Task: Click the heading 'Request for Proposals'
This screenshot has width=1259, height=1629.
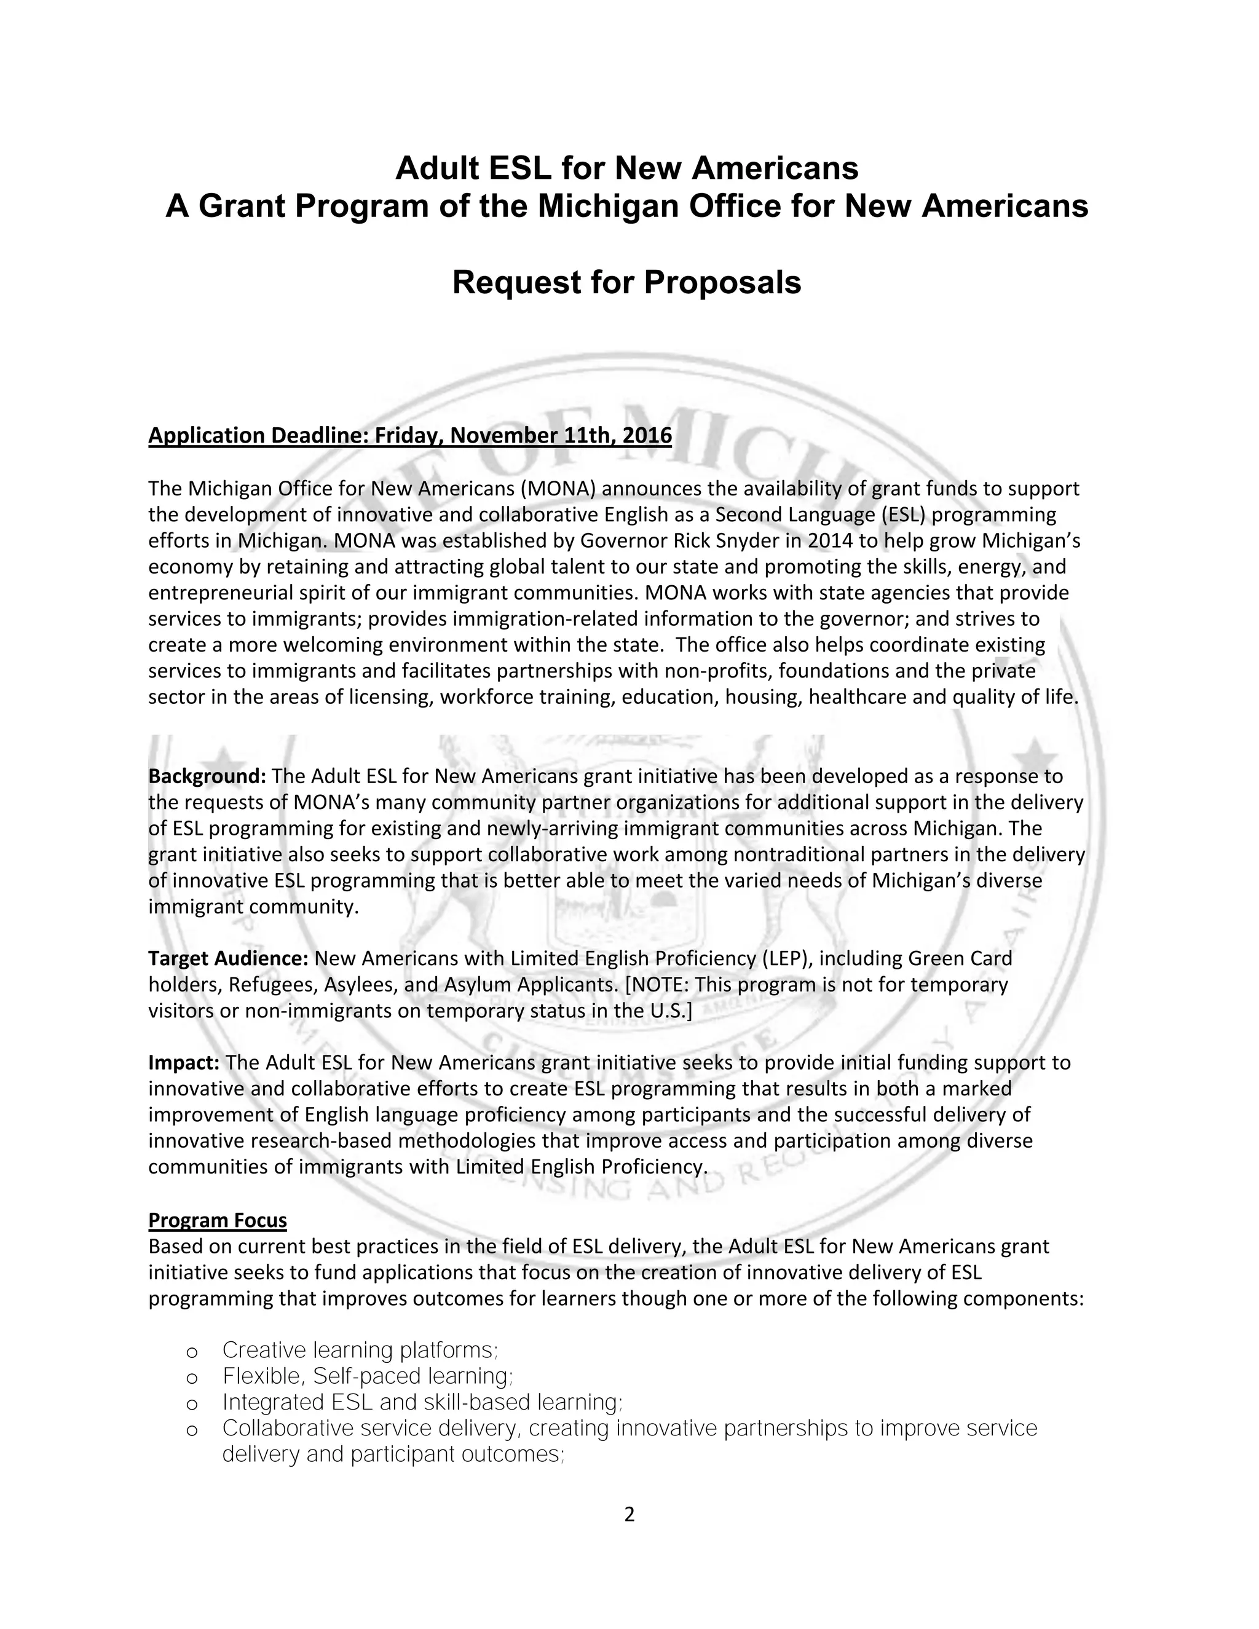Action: coord(626,283)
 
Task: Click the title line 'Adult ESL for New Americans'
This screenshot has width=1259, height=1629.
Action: coord(626,168)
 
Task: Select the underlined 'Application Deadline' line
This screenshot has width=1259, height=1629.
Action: coord(409,436)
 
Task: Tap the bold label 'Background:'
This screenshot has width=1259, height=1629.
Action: coord(207,776)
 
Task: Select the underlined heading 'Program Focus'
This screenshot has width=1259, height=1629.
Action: coord(217,1220)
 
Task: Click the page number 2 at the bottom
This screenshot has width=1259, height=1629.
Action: coord(629,1514)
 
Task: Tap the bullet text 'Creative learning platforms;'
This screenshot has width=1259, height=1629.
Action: coord(360,1350)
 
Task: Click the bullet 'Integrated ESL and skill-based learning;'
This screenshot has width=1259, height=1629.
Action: coord(422,1402)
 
